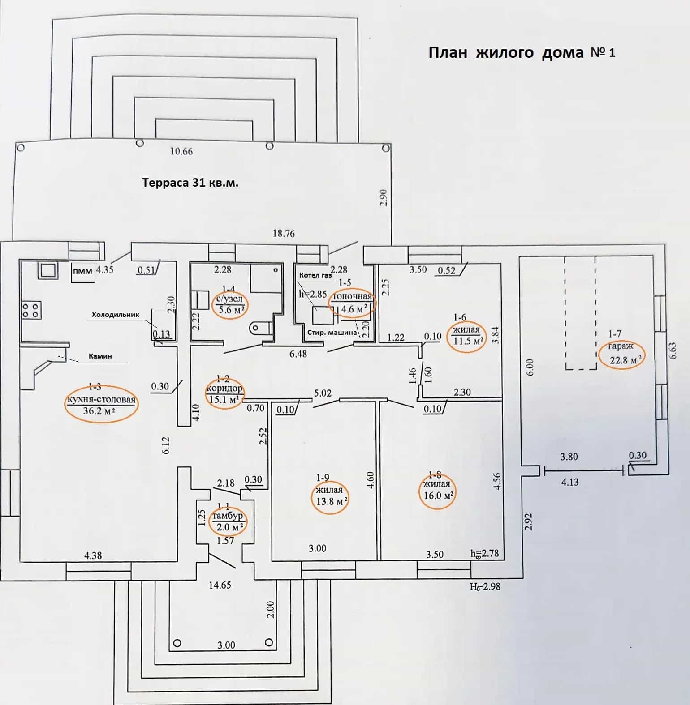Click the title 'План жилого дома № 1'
point(522,53)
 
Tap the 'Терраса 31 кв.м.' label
point(190,183)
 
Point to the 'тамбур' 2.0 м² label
point(228,521)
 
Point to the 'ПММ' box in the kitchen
point(83,271)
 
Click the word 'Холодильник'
point(116,315)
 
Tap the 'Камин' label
point(100,356)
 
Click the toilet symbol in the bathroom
point(260,328)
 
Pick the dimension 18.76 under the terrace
point(284,233)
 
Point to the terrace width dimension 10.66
point(181,151)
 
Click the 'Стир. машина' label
point(332,333)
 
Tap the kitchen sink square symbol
point(47,270)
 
